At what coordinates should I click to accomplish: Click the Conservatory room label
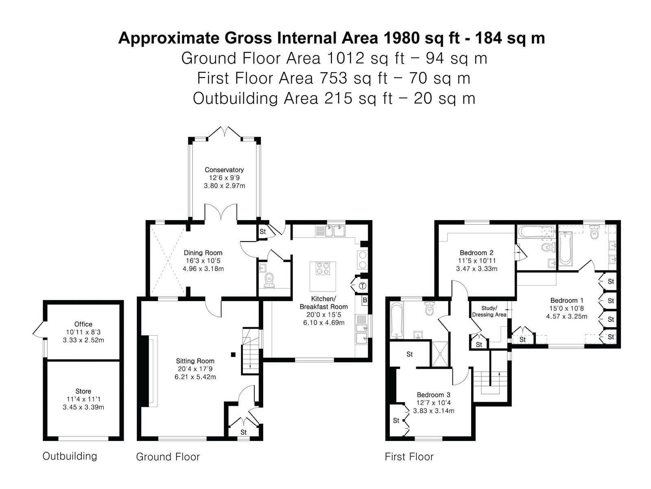[x=224, y=170]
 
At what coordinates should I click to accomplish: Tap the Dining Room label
[x=203, y=253]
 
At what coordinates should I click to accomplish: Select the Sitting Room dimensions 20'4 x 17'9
[x=195, y=369]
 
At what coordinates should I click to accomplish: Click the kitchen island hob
[x=323, y=268]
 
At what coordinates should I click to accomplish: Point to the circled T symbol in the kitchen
[x=363, y=286]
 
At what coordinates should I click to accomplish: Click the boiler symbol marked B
[x=365, y=300]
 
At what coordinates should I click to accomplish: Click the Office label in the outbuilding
[x=83, y=324]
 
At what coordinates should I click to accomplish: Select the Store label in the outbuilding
[x=83, y=391]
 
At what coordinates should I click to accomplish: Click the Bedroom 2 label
[x=476, y=253]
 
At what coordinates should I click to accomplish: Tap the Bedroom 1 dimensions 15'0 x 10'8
[x=566, y=308]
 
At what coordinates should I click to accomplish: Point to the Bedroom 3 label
[x=433, y=395]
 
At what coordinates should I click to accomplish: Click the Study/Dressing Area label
[x=489, y=311]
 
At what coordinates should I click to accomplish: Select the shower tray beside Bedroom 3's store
[x=440, y=354]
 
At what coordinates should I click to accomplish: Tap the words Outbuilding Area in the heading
[x=256, y=98]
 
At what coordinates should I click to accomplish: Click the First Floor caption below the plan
[x=409, y=457]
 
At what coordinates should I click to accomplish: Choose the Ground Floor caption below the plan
[x=168, y=457]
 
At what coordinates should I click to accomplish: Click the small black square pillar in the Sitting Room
[x=234, y=354]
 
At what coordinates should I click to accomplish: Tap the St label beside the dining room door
[x=263, y=231]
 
